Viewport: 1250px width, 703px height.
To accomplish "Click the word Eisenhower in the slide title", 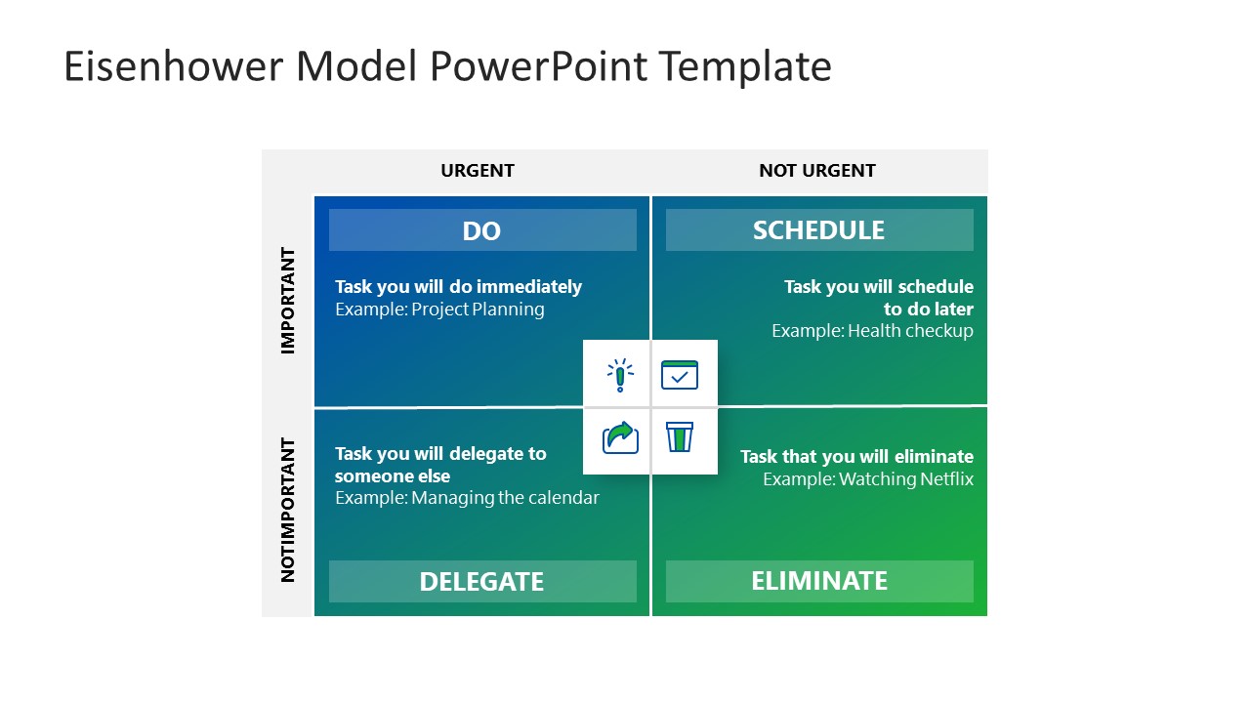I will pyautogui.click(x=173, y=67).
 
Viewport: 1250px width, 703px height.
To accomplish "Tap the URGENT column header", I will pyautogui.click(x=477, y=171).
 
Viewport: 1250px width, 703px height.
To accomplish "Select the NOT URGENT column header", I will pyautogui.click(x=816, y=171).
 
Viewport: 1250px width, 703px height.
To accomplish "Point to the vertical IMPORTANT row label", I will pyautogui.click(x=288, y=301).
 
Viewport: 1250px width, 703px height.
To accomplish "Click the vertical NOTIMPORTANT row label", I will pyautogui.click(x=288, y=510).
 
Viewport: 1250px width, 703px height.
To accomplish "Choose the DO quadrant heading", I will pyautogui.click(x=481, y=230).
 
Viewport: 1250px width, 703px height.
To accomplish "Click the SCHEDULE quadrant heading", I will pyautogui.click(x=818, y=230).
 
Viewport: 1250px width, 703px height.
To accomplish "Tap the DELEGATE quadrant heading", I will pyautogui.click(x=481, y=582).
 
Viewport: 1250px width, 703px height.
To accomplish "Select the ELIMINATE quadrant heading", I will pyautogui.click(x=818, y=581).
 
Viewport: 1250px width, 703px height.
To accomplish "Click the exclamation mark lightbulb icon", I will pyautogui.click(x=619, y=375).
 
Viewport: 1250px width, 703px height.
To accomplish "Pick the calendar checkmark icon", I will pyautogui.click(x=680, y=375).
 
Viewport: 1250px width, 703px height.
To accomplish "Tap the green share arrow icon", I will pyautogui.click(x=620, y=437).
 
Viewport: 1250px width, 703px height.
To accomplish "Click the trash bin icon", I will pyautogui.click(x=680, y=437).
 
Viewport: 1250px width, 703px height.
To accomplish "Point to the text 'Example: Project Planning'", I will pyautogui.click(x=439, y=310).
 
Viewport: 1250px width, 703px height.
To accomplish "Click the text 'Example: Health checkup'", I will pyautogui.click(x=872, y=331).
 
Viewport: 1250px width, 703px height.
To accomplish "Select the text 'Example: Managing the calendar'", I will pyautogui.click(x=467, y=498).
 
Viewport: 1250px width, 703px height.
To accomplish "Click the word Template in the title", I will pyautogui.click(x=744, y=67).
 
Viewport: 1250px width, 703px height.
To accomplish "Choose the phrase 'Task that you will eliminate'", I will pyautogui.click(x=856, y=457).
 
